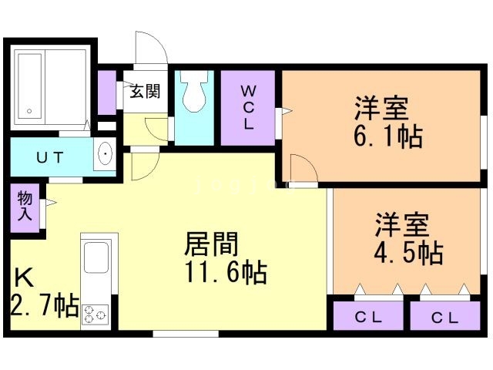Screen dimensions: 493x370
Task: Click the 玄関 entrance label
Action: pos(145,91)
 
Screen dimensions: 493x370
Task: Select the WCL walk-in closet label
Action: pos(248,108)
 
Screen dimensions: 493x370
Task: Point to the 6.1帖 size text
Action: pos(388,136)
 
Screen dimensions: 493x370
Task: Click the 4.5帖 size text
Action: pos(409,253)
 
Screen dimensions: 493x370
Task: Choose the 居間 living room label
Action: pos(211,244)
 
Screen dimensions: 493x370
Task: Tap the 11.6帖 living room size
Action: pos(226,272)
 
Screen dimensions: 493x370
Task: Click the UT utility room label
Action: pos(50,157)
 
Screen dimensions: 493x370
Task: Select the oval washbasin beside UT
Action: pos(105,153)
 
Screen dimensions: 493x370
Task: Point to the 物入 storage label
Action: pos(25,206)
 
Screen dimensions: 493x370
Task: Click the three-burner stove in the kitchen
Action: pos(96,314)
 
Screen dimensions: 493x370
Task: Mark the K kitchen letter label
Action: pos(25,277)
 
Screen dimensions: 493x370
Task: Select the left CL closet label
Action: pos(368,317)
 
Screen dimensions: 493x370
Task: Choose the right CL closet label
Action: pos(444,318)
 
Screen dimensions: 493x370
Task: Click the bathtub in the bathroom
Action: pos(29,86)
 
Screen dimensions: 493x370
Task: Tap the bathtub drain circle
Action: pos(29,111)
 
